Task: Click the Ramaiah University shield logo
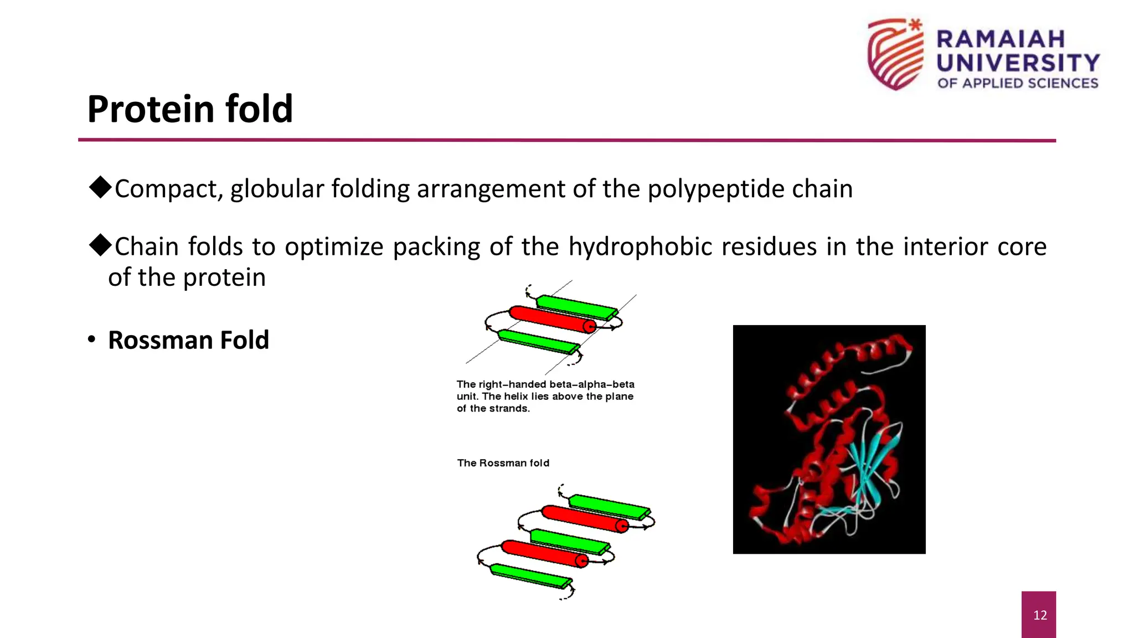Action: tap(895, 54)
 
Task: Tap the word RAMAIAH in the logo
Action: tap(1001, 39)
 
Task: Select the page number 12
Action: tap(1040, 615)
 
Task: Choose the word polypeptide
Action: tap(717, 189)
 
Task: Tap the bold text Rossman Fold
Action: tap(188, 340)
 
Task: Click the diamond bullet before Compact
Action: tap(100, 187)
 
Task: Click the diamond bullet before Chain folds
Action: tap(100, 245)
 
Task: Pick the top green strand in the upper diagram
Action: tap(576, 307)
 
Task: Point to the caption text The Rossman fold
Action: tap(503, 463)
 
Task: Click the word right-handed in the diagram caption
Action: tap(512, 384)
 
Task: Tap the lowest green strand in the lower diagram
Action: tap(530, 576)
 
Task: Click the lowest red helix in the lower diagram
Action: tap(544, 553)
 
